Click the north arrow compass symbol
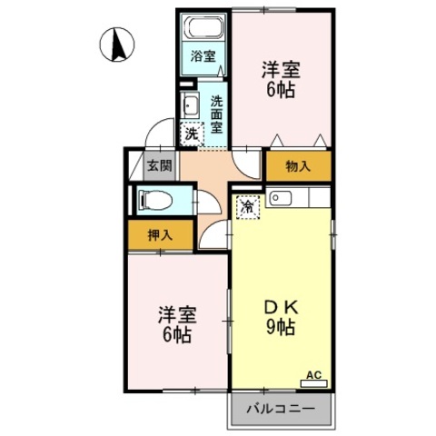point(117,45)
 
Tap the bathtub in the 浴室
point(203,27)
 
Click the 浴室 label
point(203,56)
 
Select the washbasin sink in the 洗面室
point(190,105)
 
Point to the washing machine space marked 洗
point(192,134)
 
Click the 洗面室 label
point(216,114)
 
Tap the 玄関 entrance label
point(160,165)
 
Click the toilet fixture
point(154,200)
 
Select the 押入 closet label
point(160,235)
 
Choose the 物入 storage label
point(298,166)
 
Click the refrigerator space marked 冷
point(248,207)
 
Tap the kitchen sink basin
point(281,198)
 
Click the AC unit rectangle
point(313,383)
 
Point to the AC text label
point(313,375)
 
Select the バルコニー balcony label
point(281,409)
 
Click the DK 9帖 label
point(281,317)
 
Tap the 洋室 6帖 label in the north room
point(281,79)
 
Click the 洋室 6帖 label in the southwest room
point(177,324)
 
